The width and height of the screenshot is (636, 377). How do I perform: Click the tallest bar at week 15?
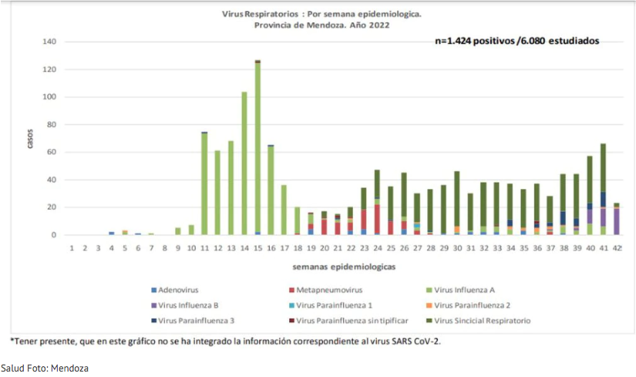coord(257,147)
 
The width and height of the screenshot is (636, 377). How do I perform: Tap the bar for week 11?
coord(204,184)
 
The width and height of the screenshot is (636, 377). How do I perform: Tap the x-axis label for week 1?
coord(71,247)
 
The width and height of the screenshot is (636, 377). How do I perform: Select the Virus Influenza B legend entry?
coord(183,305)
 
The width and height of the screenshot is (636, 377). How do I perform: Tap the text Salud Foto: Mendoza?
coord(45,369)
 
